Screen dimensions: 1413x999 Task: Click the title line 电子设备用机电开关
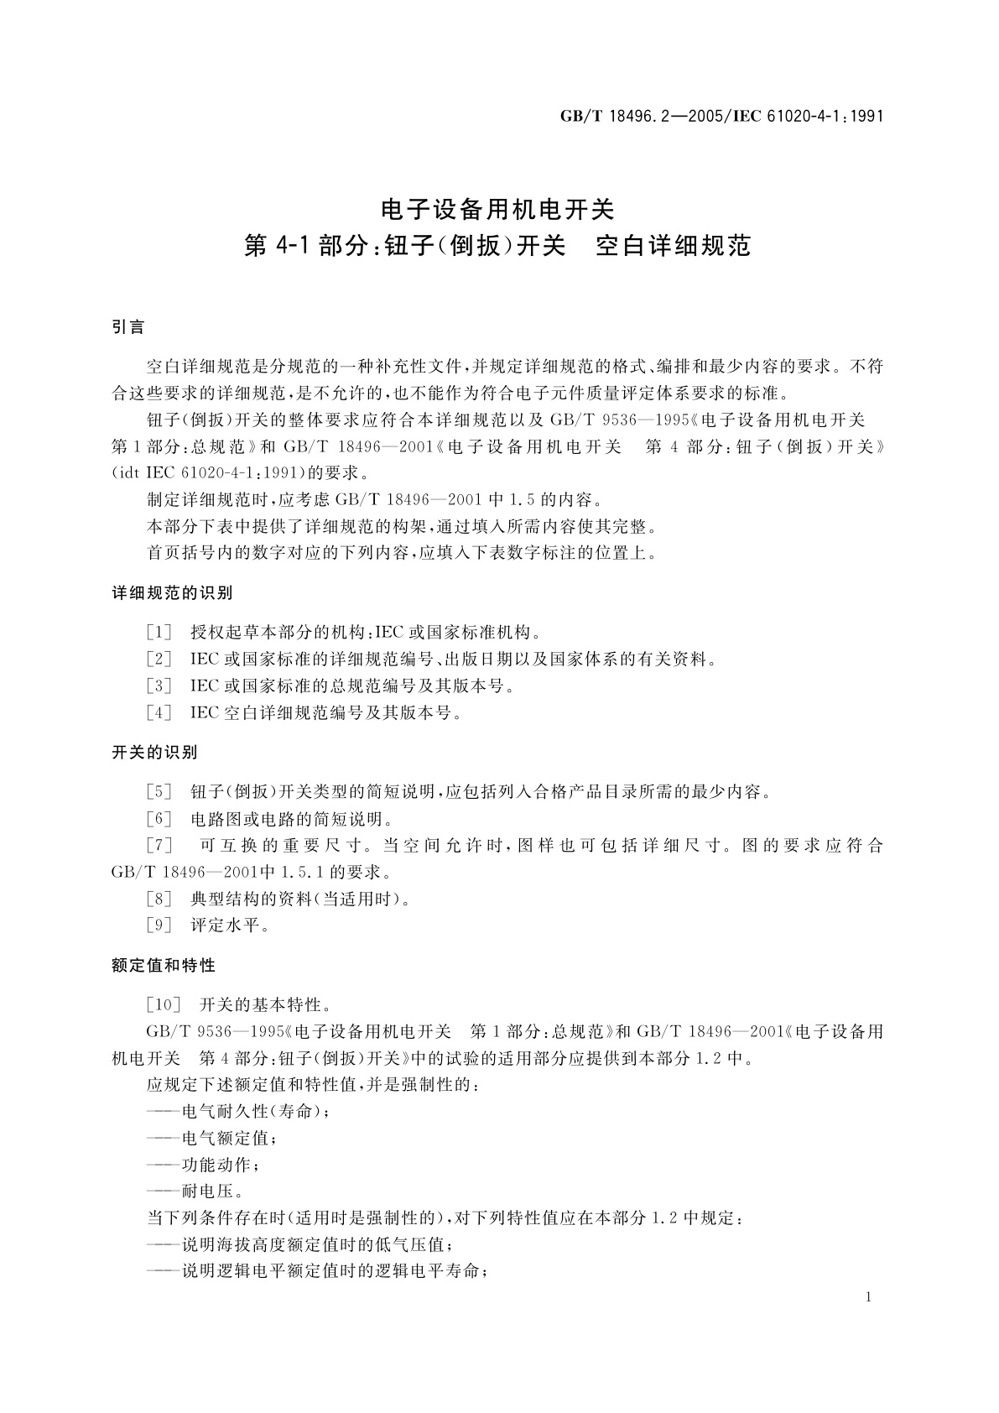point(498,206)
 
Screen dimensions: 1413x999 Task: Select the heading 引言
point(128,327)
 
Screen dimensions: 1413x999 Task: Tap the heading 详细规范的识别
point(172,593)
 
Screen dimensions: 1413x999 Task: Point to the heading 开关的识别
point(154,753)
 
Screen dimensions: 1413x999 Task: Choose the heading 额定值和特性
point(164,966)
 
